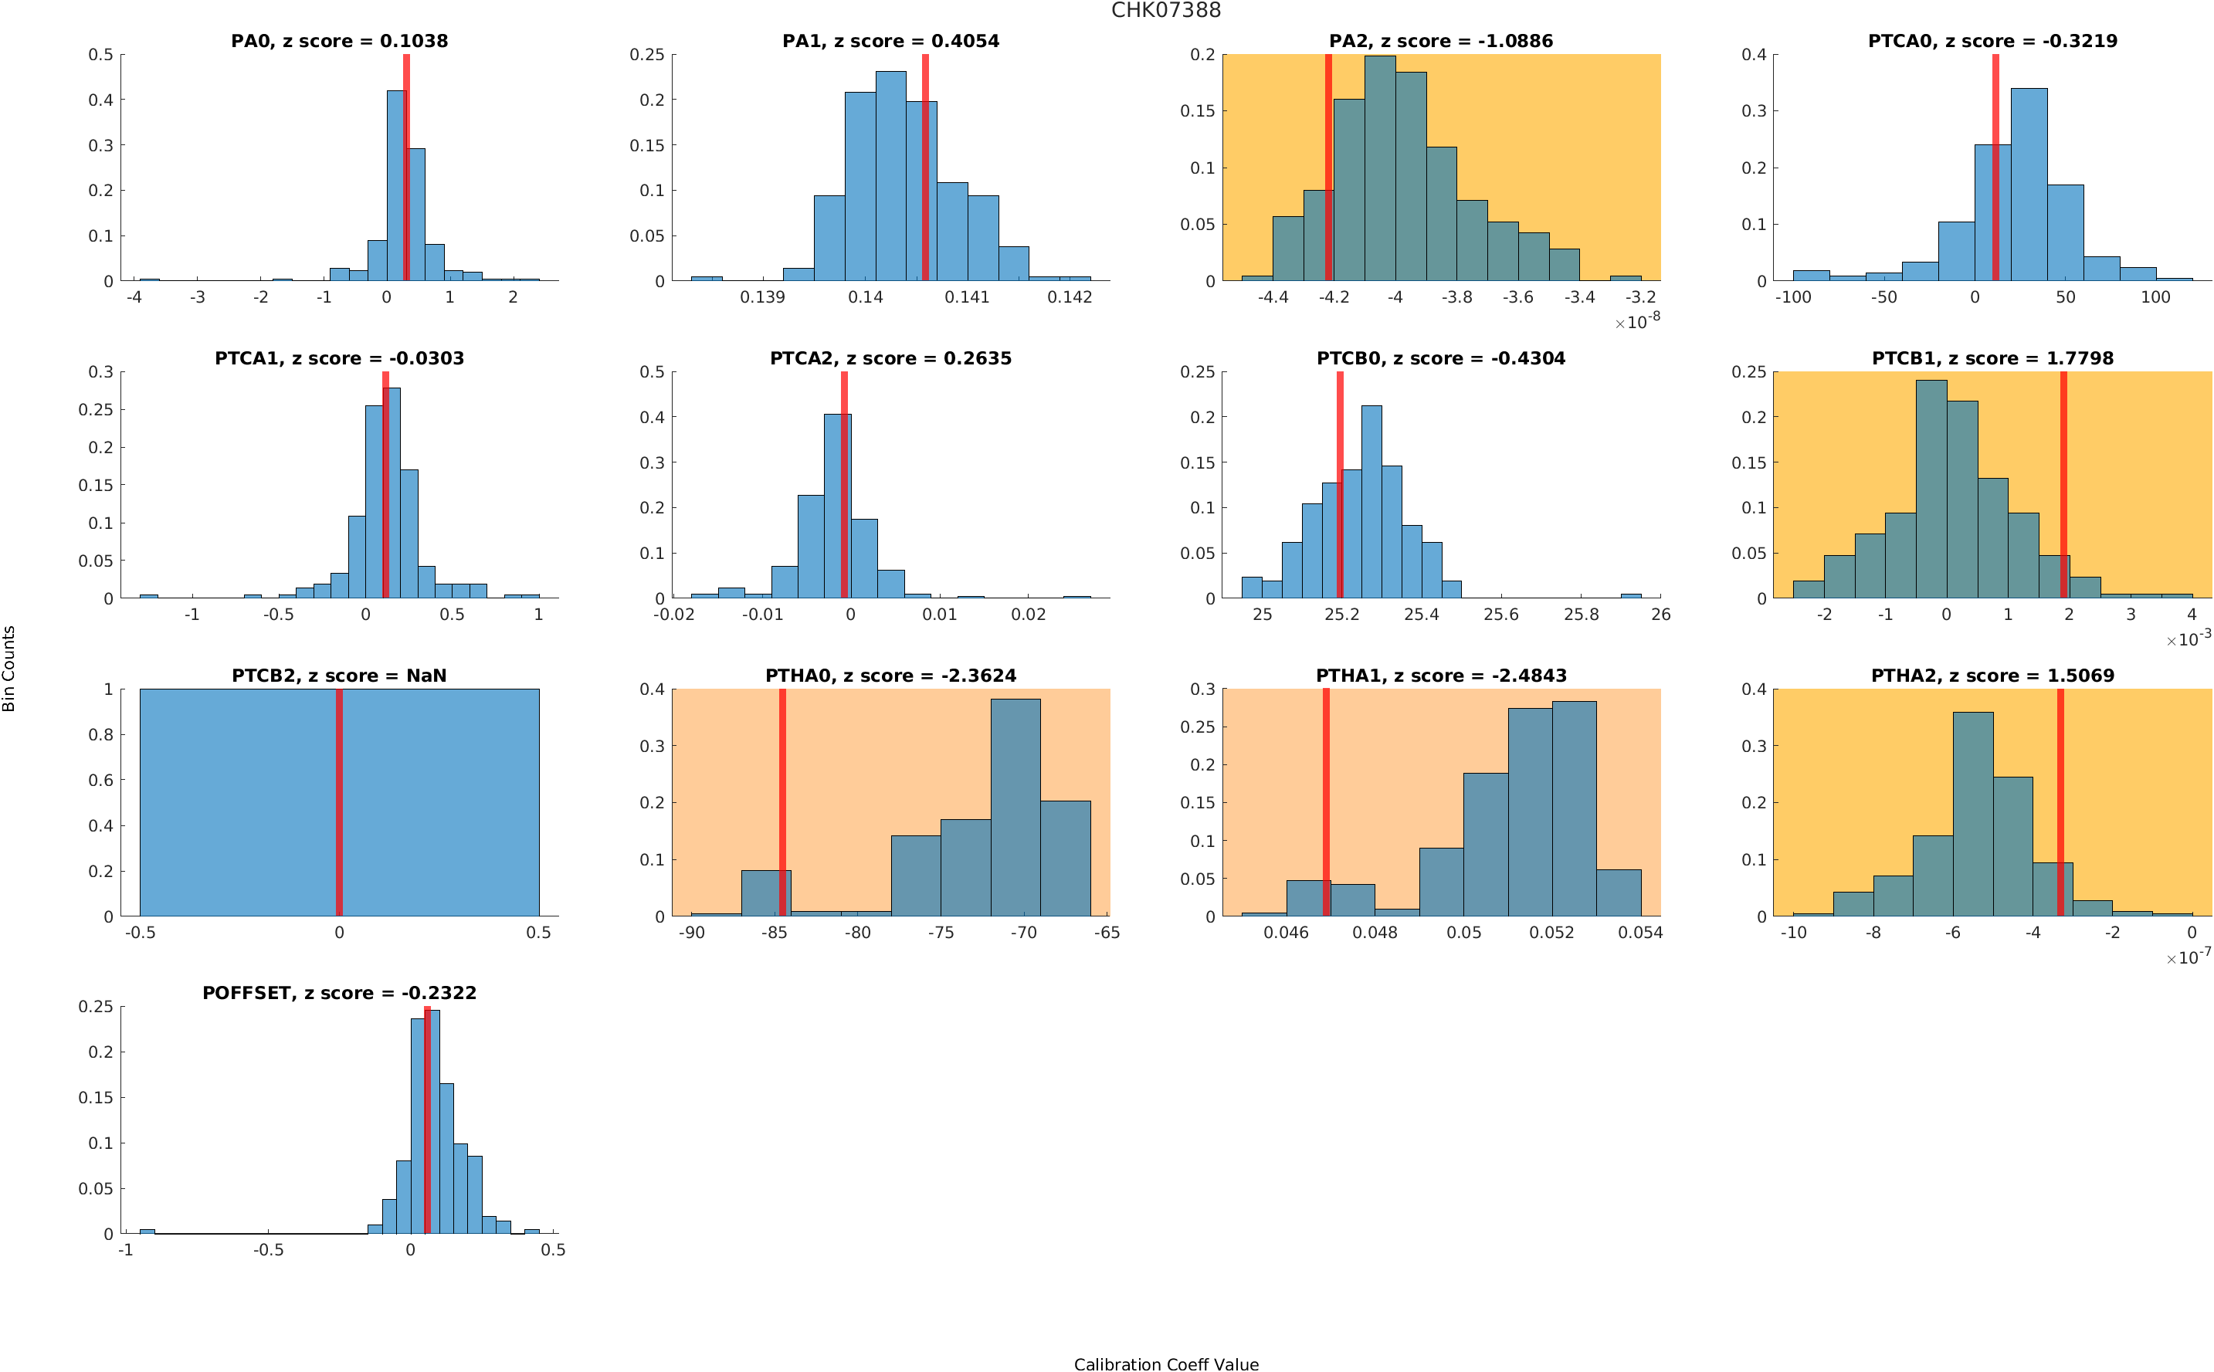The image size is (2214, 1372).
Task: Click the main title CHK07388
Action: point(1165,11)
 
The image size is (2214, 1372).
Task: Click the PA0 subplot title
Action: point(338,41)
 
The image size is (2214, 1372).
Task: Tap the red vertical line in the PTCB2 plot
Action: point(338,802)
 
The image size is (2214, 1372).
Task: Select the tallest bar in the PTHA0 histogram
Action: point(1015,807)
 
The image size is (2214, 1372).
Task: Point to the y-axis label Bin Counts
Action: point(9,668)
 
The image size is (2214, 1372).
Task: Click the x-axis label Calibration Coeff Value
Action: point(1165,1363)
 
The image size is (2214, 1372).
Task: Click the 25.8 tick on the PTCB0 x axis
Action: point(1580,615)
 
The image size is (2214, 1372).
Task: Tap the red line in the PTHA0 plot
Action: point(782,802)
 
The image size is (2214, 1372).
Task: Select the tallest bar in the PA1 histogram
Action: point(890,176)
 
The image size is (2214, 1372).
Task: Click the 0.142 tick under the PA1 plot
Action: point(1069,296)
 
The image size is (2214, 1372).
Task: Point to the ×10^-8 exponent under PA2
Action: point(1637,320)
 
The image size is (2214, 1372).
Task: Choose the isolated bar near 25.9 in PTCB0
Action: point(1629,595)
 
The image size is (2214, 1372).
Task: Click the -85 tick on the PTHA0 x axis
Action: point(773,932)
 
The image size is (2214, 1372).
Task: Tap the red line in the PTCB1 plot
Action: point(2063,485)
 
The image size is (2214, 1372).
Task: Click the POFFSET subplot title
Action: point(338,993)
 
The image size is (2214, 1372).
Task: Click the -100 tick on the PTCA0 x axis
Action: point(1792,296)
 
